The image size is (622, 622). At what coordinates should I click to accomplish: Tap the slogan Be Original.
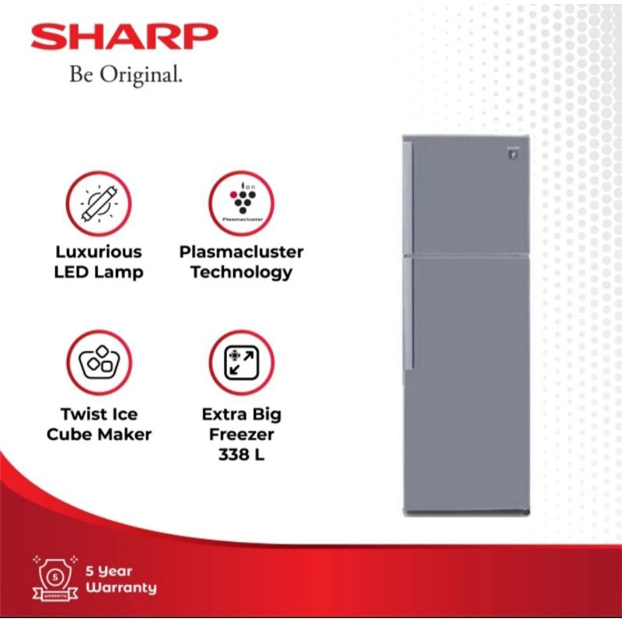point(126,75)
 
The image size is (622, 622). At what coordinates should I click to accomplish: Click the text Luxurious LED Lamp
point(99,262)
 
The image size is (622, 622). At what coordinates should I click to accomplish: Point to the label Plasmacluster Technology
point(241,262)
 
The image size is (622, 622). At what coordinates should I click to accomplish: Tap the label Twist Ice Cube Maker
point(99,424)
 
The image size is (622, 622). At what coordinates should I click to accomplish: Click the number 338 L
point(241,455)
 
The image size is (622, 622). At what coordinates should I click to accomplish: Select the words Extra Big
point(241,414)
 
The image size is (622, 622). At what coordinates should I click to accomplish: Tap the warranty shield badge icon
point(53,576)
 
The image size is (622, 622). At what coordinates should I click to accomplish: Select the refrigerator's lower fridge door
point(470,381)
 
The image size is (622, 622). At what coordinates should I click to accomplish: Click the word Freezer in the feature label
point(241,435)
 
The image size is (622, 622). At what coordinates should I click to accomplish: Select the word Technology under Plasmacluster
point(241,272)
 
